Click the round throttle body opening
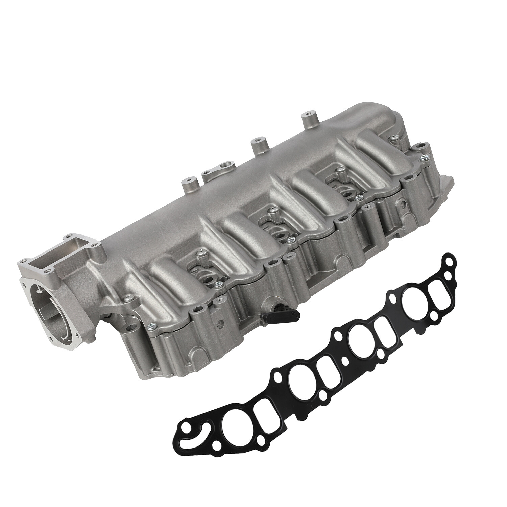click(51, 297)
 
